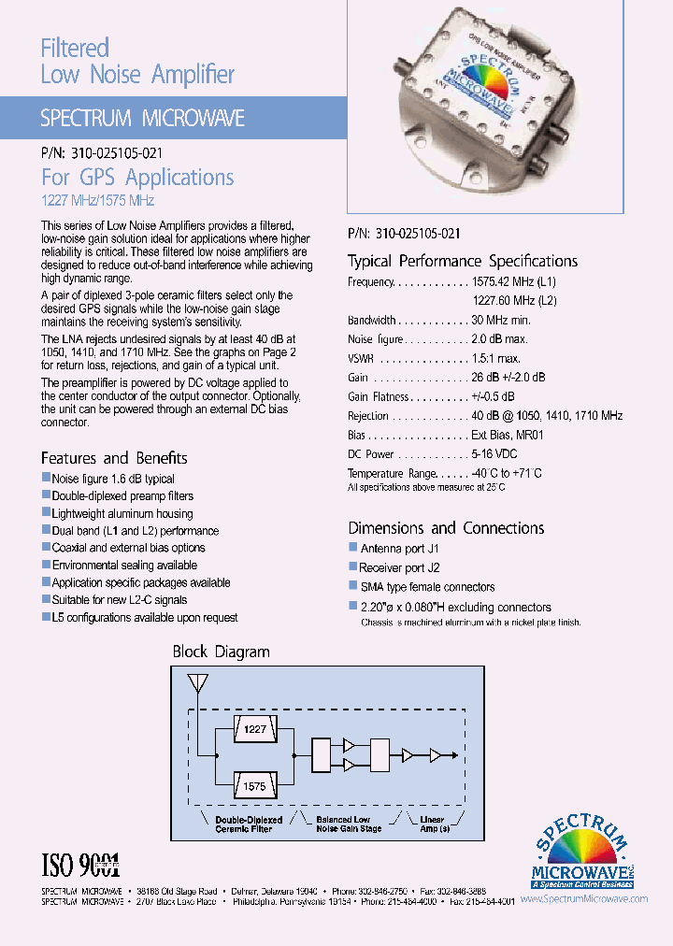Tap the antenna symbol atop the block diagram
(197, 684)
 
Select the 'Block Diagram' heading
(221, 652)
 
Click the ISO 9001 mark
(81, 863)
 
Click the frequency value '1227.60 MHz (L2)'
(514, 301)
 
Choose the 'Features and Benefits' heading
(114, 458)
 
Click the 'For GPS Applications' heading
(137, 178)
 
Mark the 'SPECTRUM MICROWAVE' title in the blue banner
(142, 118)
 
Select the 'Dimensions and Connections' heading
(446, 528)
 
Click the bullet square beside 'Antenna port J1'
(353, 547)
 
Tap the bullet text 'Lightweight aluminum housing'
(122, 513)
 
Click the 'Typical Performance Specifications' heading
(463, 261)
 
